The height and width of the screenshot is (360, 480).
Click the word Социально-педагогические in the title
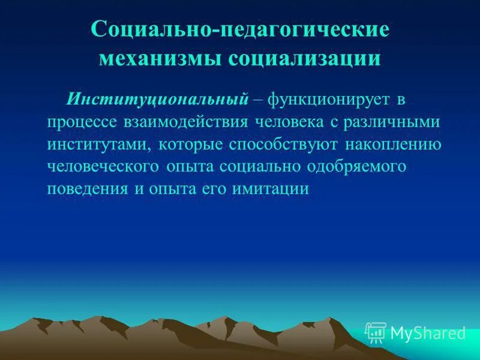point(240,30)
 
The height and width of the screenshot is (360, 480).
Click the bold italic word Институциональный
point(157,98)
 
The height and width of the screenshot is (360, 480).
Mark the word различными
point(390,122)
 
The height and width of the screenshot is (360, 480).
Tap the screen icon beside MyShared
point(376,332)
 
